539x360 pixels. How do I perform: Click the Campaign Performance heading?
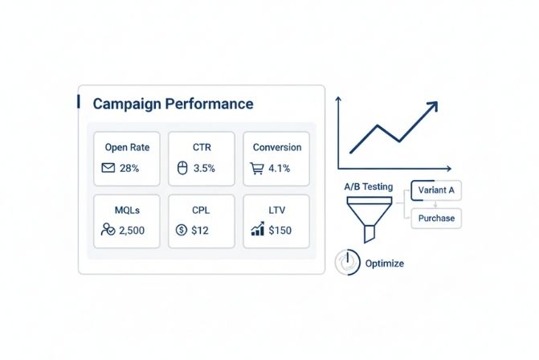[x=173, y=104]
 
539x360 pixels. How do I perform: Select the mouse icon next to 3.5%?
[x=181, y=169]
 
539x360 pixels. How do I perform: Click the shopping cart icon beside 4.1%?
[x=258, y=169]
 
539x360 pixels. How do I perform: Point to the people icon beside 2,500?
[x=108, y=230]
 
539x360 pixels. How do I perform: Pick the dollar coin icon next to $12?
[x=181, y=230]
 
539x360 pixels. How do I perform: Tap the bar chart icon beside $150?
[x=258, y=230]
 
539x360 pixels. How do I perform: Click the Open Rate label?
[x=127, y=148]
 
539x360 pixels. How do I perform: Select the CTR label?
[x=202, y=148]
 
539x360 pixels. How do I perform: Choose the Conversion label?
[x=277, y=148]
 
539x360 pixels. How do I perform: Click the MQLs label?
[x=127, y=211]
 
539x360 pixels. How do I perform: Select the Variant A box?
[x=436, y=191]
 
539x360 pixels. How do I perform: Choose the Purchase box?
[x=436, y=218]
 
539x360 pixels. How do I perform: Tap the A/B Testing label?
[x=368, y=186]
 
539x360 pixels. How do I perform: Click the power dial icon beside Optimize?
[x=345, y=263]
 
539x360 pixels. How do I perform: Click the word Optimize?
[x=384, y=264]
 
